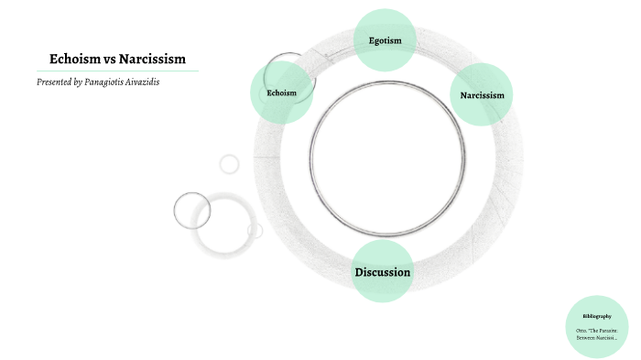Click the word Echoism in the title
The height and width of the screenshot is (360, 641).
click(x=74, y=60)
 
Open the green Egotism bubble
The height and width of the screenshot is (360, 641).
click(x=385, y=40)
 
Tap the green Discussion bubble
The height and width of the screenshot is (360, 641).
click(x=383, y=271)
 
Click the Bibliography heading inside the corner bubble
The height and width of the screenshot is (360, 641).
click(x=596, y=316)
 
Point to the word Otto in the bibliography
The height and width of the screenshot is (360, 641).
click(x=581, y=330)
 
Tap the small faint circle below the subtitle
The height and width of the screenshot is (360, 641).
click(x=229, y=164)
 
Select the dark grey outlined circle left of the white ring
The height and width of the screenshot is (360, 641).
click(x=192, y=211)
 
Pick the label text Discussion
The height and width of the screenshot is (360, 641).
click(x=383, y=272)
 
